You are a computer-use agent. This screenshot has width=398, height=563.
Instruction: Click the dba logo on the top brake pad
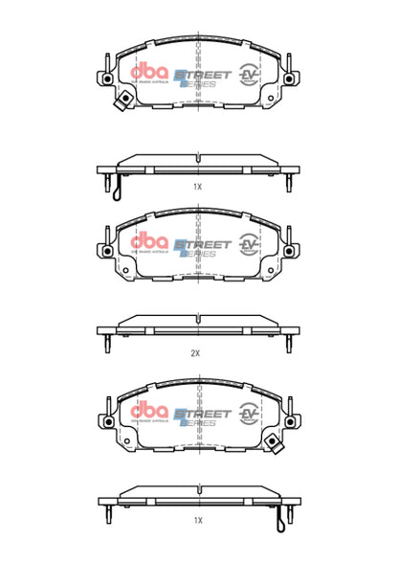coord(147,73)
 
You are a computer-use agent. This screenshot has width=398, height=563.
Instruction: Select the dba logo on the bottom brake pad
coord(147,412)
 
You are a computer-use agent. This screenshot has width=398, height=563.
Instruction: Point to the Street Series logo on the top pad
coord(202,76)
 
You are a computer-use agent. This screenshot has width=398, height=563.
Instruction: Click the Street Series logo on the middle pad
coord(202,246)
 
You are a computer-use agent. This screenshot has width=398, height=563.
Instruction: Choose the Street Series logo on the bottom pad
coord(202,414)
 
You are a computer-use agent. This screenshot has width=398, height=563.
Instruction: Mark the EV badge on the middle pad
coord(251,245)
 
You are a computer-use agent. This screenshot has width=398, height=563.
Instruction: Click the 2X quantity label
coord(195,352)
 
